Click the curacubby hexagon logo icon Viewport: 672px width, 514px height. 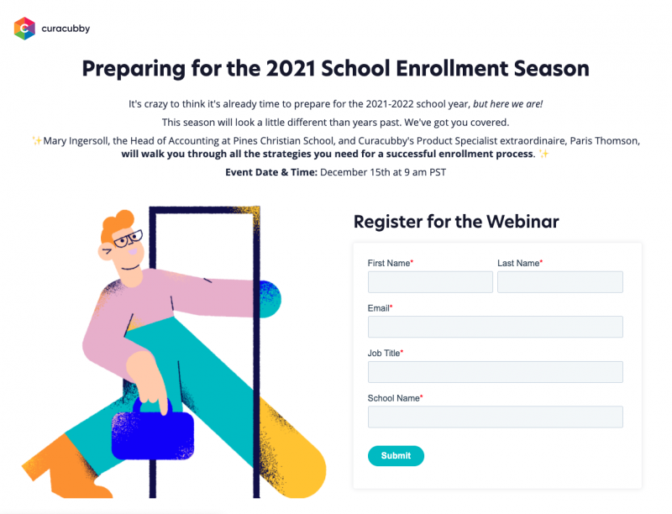(24, 29)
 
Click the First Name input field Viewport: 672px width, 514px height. (430, 282)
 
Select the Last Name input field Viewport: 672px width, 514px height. (560, 282)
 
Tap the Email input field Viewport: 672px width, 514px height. (496, 327)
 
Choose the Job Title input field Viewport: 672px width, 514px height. (496, 372)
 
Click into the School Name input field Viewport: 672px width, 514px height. (496, 417)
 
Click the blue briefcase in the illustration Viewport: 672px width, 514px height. (153, 431)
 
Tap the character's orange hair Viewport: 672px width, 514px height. (117, 225)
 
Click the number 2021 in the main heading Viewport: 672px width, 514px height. (291, 69)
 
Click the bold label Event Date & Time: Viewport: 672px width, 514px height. (271, 172)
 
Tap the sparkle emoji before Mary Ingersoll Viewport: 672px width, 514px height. (37, 140)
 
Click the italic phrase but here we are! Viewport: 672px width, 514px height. (508, 104)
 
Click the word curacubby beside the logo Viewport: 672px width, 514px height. (66, 29)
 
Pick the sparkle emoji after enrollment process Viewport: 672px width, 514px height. (543, 154)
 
